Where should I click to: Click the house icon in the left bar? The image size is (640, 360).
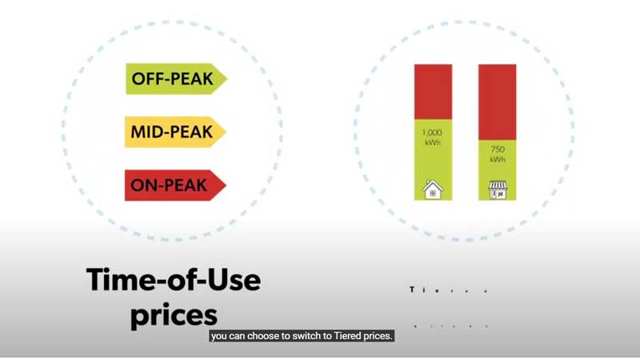coord(433,190)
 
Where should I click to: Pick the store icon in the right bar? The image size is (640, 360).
coord(498,190)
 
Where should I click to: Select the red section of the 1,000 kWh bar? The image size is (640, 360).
coord(433,90)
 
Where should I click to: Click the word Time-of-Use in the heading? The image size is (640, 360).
coord(173,281)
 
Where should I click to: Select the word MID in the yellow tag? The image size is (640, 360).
coord(147,132)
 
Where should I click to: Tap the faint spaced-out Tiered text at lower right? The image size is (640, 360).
coord(449,290)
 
